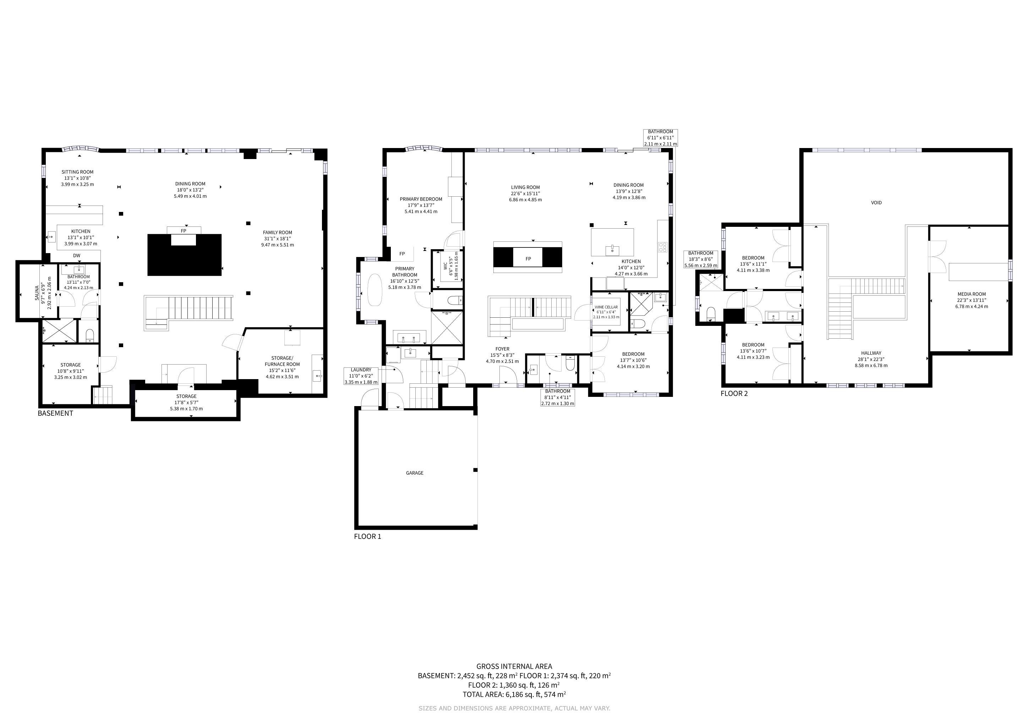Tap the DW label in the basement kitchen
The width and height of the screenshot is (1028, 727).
(77, 256)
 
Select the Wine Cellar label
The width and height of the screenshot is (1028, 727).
(606, 307)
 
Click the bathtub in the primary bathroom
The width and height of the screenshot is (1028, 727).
(374, 290)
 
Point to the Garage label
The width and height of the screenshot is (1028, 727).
(415, 473)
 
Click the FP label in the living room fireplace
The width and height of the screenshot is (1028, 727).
(528, 259)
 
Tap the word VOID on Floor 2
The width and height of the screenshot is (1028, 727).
(876, 203)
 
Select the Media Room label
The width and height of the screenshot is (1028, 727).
(972, 294)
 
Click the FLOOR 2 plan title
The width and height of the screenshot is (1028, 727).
(734, 393)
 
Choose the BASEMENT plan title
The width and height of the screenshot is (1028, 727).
(55, 413)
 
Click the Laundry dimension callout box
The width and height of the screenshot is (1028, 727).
(361, 376)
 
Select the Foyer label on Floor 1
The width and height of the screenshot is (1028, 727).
(502, 349)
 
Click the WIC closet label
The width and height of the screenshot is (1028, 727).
(445, 266)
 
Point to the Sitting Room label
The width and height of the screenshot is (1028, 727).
(77, 172)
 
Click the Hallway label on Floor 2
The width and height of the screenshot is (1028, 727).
(871, 353)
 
